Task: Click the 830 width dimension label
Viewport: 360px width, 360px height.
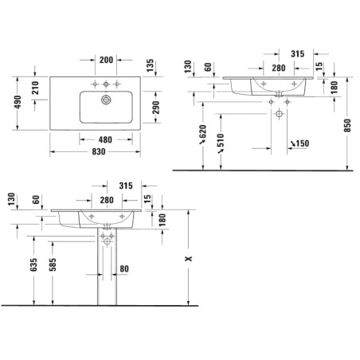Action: point(99,151)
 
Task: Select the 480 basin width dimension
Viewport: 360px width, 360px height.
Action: point(105,139)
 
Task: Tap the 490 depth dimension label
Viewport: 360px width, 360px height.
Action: point(18,102)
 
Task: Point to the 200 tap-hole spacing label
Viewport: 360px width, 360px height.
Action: point(106,60)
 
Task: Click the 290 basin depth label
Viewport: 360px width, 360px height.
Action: point(156,108)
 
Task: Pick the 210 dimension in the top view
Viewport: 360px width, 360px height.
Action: point(35,88)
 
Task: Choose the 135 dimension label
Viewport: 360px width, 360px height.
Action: point(150,65)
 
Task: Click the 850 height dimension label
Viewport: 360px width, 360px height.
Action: point(347,126)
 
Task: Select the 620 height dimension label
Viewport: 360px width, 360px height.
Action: point(202,131)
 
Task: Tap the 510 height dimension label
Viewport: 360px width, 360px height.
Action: point(221,140)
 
